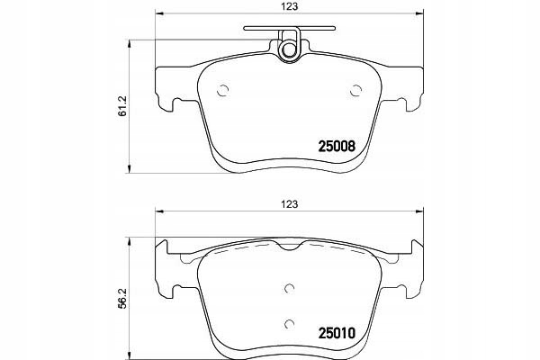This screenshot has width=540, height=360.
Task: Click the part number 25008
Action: pos(337,147)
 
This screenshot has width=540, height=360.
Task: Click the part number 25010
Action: pos(337,333)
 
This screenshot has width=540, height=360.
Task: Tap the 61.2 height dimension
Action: pos(123,106)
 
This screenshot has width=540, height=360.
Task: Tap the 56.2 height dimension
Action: pos(123,298)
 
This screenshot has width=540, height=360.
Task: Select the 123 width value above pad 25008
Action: pos(289,6)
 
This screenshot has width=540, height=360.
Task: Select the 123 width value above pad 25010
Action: pos(289,204)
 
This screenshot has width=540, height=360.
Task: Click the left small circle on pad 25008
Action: pos(223,91)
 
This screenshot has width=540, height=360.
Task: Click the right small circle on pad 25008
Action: pos(355,91)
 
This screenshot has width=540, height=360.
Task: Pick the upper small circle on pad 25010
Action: pos(290,288)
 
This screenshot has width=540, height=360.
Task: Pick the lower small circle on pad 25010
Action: pos(290,324)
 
